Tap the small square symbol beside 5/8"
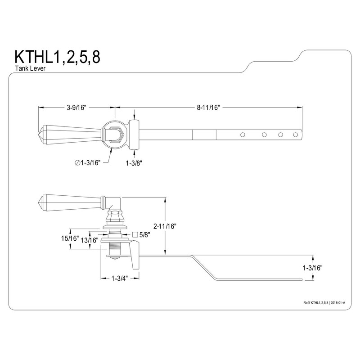click(135, 234)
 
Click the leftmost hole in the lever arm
click(242, 134)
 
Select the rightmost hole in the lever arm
click(295, 134)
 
